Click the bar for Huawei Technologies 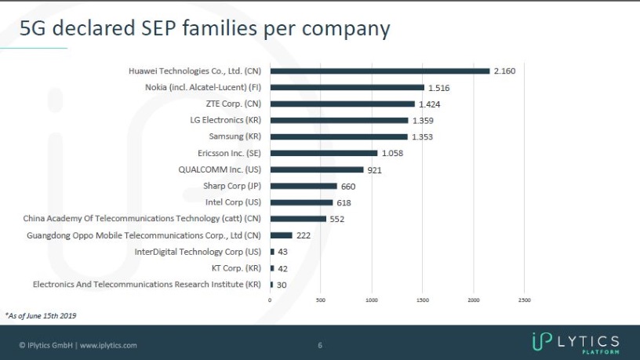(380, 71)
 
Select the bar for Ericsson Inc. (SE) (324, 153)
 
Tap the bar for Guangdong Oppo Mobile (281, 235)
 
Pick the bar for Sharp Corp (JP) (304, 186)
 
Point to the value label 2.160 (504, 71)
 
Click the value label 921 (374, 169)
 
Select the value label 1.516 (439, 87)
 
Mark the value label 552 (337, 219)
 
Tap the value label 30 (282, 285)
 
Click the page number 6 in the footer (320, 345)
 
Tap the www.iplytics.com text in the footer (108, 345)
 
